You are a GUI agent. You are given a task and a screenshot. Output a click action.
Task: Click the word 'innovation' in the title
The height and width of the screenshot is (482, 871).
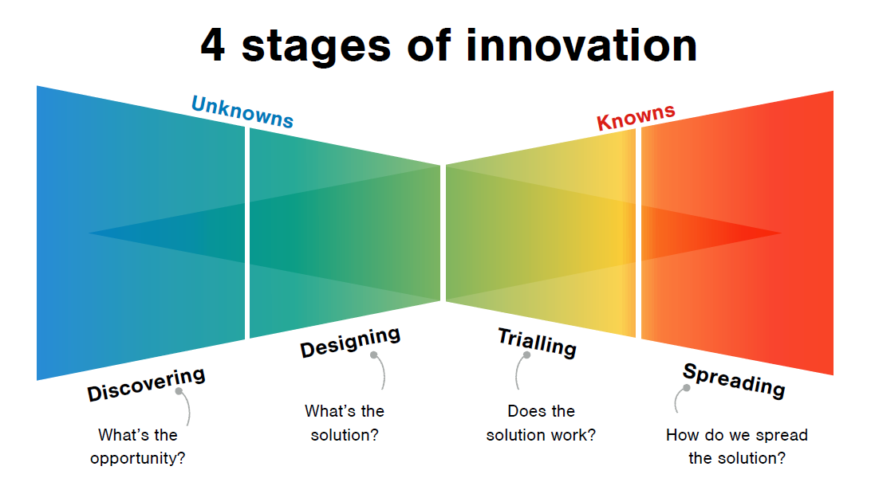[x=581, y=45]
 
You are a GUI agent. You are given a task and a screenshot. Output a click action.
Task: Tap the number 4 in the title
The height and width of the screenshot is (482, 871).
[x=213, y=45]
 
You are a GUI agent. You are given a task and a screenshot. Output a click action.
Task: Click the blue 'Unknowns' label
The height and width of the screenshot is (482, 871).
[x=242, y=112]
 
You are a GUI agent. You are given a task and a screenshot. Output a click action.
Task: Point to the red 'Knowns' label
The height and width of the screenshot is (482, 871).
[x=636, y=117]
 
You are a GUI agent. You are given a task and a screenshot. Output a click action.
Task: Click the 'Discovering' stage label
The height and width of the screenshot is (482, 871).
[x=146, y=384]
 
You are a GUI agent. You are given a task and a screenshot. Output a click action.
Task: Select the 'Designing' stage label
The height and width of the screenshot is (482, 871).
[x=350, y=343]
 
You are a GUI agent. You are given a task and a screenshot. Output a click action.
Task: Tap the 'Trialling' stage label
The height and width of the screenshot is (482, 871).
[x=537, y=343]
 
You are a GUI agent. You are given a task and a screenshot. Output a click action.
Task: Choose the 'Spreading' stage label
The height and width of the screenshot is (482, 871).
[x=734, y=381]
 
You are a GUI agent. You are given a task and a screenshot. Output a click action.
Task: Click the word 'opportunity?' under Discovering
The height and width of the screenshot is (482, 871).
[x=138, y=458]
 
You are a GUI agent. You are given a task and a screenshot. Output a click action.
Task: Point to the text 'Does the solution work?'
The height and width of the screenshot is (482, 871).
[x=541, y=423]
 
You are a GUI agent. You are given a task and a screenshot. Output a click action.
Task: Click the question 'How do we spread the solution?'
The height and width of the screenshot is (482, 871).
[x=737, y=446]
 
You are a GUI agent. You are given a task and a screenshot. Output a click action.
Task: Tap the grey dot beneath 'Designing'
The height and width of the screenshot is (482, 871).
[x=374, y=355]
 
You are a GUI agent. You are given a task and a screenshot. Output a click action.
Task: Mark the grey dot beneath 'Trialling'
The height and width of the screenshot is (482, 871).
[x=526, y=355]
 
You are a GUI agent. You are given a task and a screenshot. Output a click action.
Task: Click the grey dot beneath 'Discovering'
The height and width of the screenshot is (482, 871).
[x=179, y=391]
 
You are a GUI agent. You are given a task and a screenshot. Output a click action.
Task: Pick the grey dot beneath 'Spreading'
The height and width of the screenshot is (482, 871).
[x=687, y=388]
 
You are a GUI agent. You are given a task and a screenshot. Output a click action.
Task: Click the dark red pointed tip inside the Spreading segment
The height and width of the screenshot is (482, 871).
[x=781, y=233]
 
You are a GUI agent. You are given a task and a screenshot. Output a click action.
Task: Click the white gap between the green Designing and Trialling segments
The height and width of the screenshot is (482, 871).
[x=443, y=233]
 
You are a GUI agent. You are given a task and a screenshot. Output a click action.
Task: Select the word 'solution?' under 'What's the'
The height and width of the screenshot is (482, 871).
[x=345, y=435]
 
